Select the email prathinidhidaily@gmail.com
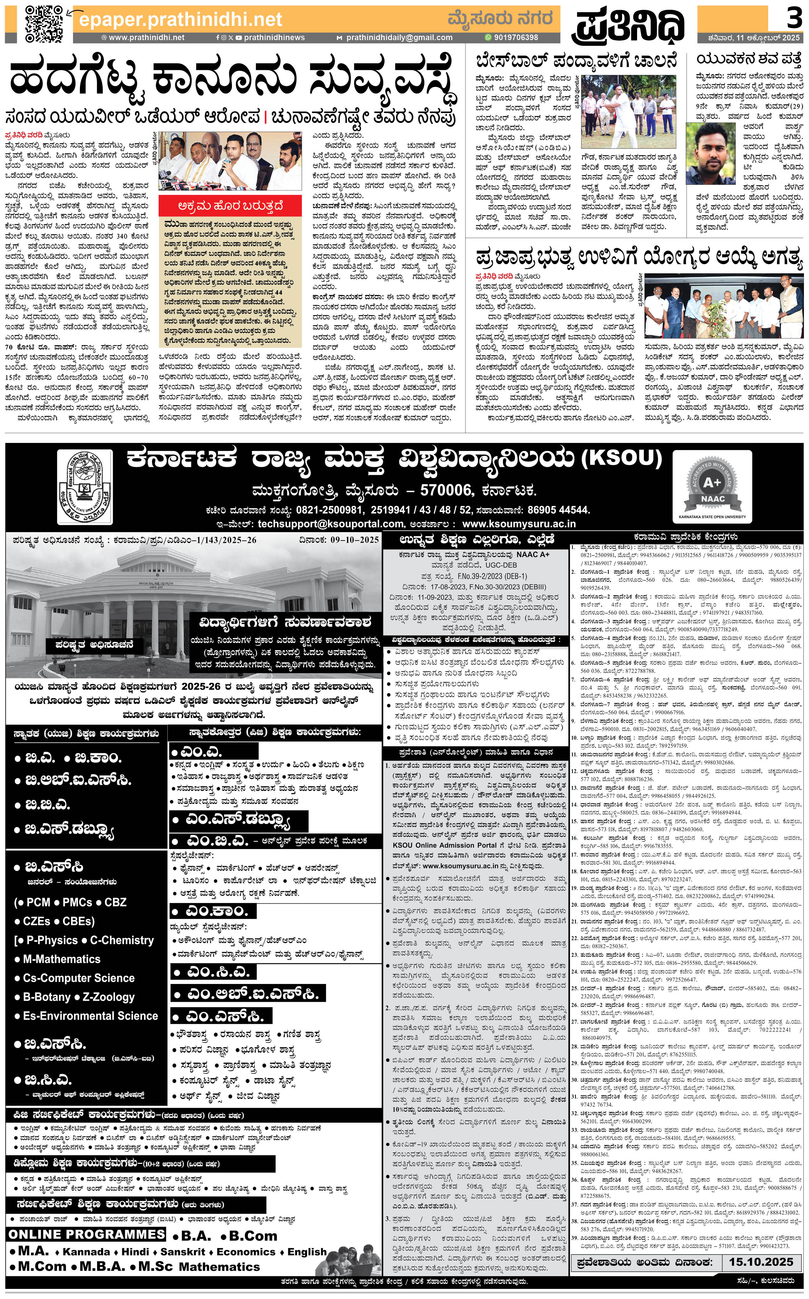coord(398,38)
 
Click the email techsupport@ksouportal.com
coord(331,524)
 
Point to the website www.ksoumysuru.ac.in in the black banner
coord(519,524)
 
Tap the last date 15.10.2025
coord(760,1261)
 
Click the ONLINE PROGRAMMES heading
coord(87,1234)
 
